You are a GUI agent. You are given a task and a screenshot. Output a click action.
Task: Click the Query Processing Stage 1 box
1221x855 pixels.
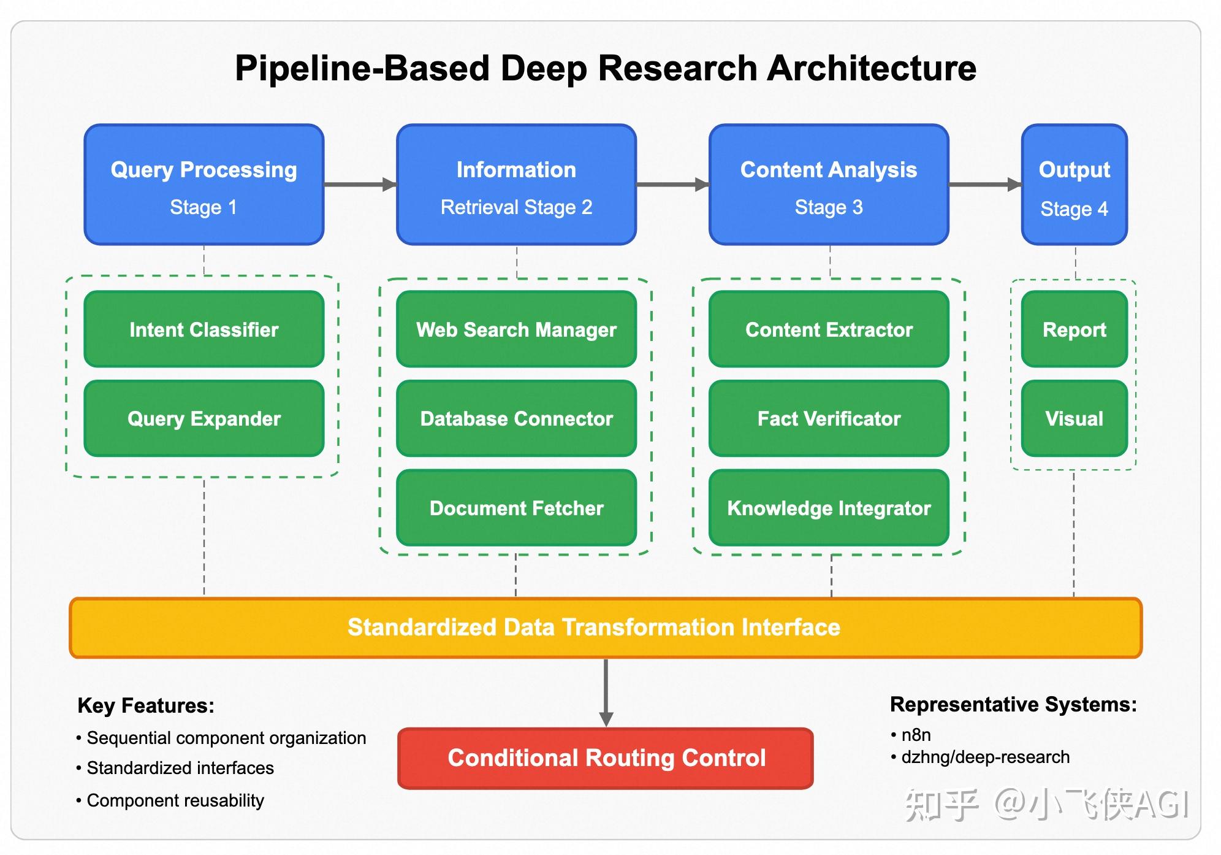203,185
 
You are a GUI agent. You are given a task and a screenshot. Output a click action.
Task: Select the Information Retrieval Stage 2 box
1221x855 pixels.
516,185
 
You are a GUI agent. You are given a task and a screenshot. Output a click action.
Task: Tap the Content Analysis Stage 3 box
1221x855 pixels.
829,185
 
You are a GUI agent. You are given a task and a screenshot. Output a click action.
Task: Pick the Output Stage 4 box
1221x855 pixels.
1074,185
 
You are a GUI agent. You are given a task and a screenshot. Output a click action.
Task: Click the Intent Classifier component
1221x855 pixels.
203,329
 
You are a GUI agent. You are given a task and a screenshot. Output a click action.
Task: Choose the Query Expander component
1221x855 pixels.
203,418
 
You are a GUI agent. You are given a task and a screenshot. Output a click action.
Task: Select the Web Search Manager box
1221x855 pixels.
516,329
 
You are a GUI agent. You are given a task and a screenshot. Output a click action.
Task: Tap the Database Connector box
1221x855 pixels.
516,418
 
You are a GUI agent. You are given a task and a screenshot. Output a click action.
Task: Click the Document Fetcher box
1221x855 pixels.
516,508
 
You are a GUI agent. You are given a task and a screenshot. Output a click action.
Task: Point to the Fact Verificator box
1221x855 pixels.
829,418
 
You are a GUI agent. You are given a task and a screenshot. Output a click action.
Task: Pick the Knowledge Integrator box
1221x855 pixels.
829,508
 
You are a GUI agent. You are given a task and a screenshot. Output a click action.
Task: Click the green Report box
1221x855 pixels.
1074,329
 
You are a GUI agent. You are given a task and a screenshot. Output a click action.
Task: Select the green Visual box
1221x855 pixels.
1074,418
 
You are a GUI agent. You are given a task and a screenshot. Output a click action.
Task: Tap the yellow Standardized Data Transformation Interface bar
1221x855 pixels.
606,627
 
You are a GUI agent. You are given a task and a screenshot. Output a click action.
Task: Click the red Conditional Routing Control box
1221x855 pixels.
606,758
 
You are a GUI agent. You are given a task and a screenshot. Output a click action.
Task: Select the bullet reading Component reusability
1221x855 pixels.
175,800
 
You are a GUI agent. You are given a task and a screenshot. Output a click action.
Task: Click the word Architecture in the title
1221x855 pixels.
871,67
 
